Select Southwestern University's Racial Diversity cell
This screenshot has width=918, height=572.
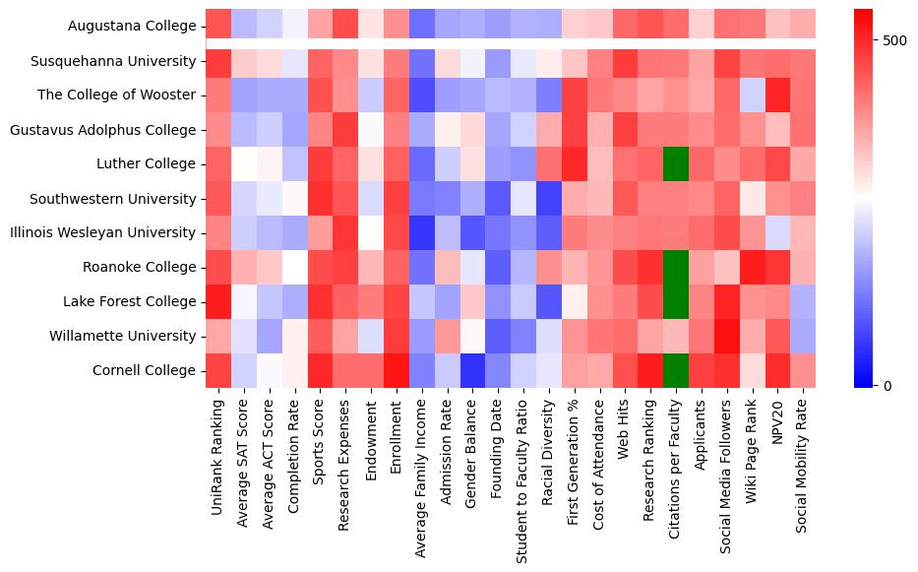pyautogui.click(x=550, y=198)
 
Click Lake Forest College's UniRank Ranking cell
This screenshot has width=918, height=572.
pyautogui.click(x=217, y=301)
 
